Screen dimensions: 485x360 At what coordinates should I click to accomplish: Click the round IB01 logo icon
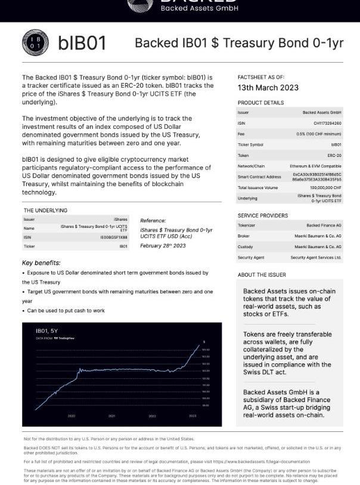[32, 43]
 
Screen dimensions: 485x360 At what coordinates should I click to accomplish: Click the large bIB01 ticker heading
[82, 43]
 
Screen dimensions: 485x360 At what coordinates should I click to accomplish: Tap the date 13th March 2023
[268, 88]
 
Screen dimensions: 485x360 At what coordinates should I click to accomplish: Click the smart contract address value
[316, 177]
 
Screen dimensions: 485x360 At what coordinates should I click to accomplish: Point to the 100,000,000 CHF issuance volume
[325, 187]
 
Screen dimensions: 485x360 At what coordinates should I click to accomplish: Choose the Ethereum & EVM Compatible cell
[315, 165]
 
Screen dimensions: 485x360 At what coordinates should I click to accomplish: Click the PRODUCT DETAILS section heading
[260, 103]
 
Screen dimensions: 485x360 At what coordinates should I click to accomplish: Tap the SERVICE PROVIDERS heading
[262, 215]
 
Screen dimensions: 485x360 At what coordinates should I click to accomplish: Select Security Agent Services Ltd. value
[316, 257]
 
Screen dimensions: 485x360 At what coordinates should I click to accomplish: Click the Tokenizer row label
[247, 225]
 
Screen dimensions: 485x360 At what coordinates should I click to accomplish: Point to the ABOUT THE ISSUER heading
[262, 274]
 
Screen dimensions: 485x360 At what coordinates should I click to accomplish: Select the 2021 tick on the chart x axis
[111, 415]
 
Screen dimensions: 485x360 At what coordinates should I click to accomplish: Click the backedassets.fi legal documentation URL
[265, 461]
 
